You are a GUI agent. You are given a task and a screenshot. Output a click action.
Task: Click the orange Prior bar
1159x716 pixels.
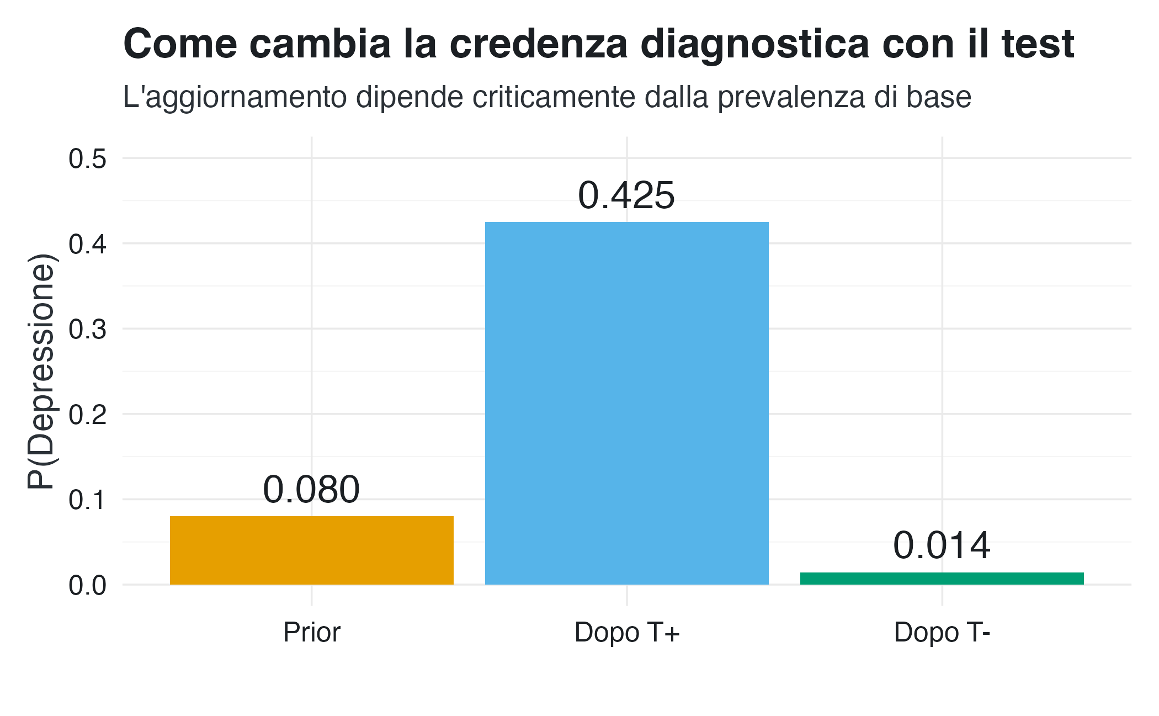click(x=311, y=550)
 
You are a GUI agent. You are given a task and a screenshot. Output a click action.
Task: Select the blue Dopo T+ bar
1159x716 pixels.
click(x=626, y=403)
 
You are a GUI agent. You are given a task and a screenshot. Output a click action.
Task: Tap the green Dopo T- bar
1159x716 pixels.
click(x=942, y=579)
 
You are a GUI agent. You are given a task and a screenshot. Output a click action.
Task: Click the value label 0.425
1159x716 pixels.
click(x=626, y=195)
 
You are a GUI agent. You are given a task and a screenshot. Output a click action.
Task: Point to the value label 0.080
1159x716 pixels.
click(x=311, y=490)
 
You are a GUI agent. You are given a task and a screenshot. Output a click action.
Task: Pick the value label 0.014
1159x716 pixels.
click(x=942, y=545)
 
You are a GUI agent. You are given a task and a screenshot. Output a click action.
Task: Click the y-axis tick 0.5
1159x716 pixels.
click(x=87, y=159)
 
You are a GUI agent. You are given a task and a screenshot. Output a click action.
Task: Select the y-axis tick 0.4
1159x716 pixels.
click(x=87, y=244)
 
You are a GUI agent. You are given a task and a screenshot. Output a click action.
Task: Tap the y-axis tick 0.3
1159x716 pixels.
click(x=87, y=330)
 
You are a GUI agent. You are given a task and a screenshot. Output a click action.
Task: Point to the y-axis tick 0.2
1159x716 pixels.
click(x=87, y=415)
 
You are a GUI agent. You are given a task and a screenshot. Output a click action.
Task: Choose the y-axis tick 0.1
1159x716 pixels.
click(x=87, y=500)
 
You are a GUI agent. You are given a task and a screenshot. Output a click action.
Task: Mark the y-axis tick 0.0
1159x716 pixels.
click(x=87, y=585)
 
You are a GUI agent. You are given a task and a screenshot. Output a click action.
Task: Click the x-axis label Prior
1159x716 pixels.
click(x=311, y=632)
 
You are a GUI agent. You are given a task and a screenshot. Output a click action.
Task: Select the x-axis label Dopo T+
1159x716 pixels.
click(x=626, y=632)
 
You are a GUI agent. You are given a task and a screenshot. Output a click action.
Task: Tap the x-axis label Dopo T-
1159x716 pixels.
click(x=942, y=632)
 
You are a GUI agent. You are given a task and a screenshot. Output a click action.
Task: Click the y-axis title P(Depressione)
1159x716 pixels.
click(x=42, y=371)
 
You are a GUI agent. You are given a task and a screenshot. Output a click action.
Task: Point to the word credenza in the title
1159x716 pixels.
click(x=539, y=44)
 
